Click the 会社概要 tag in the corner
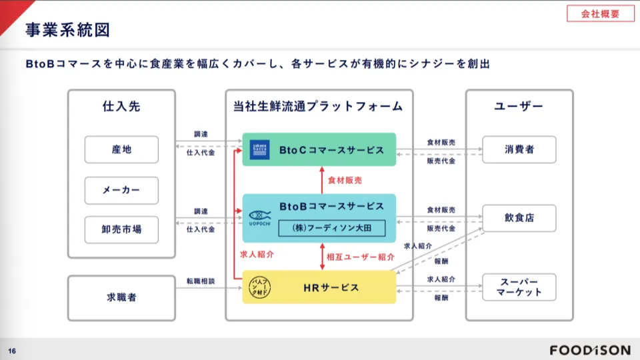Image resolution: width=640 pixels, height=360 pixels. click(600, 13)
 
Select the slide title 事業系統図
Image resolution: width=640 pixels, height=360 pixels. click(67, 30)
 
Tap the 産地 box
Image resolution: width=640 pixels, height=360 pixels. click(121, 150)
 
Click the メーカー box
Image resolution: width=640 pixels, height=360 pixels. click(121, 191)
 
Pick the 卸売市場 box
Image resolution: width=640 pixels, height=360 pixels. click(121, 230)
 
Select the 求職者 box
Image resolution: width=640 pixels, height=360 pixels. click(121, 297)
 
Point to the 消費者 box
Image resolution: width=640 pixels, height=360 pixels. click(519, 150)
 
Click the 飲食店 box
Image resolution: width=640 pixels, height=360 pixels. click(519, 218)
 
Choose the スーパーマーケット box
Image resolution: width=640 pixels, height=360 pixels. click(519, 287)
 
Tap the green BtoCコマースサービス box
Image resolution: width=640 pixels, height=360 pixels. click(319, 150)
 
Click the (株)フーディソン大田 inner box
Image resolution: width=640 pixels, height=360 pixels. click(332, 227)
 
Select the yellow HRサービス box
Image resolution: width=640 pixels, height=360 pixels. click(319, 287)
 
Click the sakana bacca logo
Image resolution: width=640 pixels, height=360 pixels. click(259, 150)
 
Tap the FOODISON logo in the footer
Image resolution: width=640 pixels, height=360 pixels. click(590, 350)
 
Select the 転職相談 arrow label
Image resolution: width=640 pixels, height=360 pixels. click(201, 281)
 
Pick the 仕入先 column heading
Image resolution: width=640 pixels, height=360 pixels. click(121, 107)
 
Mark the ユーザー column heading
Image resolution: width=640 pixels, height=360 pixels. click(519, 107)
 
